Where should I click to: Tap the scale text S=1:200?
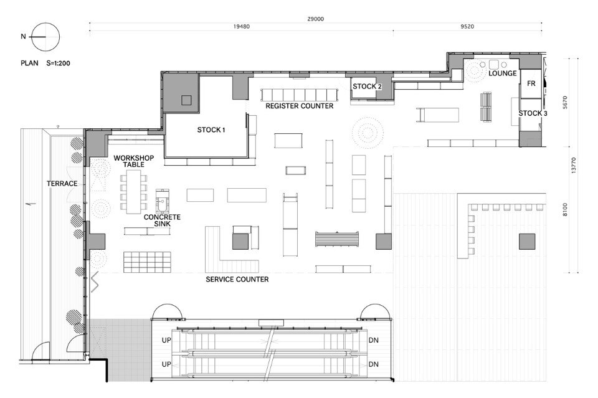click(58, 64)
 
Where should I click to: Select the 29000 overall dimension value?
click(315, 19)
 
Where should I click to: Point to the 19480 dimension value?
click(242, 26)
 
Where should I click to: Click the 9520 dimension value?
click(467, 26)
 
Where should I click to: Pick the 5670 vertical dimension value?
click(565, 102)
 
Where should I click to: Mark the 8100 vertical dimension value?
click(565, 210)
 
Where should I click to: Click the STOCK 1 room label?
click(211, 130)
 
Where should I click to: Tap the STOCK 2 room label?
click(367, 87)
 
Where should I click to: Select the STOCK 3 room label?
click(533, 113)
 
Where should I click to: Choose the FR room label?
click(531, 83)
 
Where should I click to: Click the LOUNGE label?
click(503, 73)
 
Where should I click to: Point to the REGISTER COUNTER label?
click(300, 106)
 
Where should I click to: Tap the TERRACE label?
click(62, 184)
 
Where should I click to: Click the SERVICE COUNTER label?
click(237, 280)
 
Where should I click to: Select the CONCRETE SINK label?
click(162, 220)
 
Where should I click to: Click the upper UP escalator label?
click(166, 340)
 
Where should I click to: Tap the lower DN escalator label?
click(373, 364)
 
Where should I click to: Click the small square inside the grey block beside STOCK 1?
click(186, 100)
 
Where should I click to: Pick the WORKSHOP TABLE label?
click(133, 161)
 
